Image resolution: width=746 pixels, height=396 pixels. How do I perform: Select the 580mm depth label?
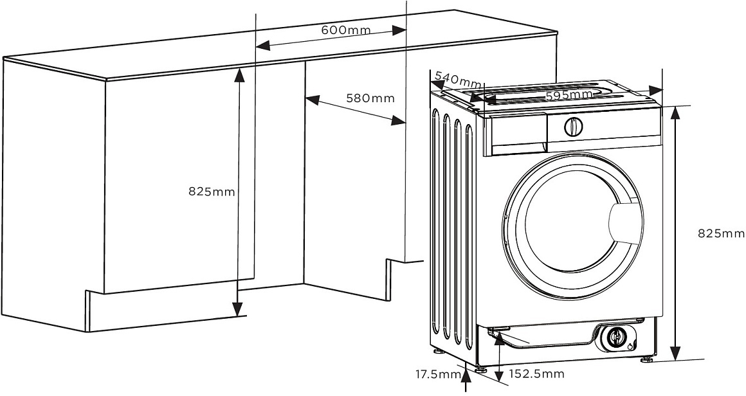pyautogui.click(x=370, y=98)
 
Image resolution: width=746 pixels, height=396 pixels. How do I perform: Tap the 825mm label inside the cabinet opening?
pyautogui.click(x=212, y=191)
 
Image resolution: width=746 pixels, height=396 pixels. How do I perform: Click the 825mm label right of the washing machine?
pyautogui.click(x=721, y=233)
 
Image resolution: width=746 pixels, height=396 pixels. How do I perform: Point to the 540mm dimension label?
pyautogui.click(x=458, y=80)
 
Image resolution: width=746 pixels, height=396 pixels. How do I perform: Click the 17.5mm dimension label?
pyautogui.click(x=437, y=374)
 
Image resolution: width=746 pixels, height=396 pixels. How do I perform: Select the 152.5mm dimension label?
pyautogui.click(x=536, y=374)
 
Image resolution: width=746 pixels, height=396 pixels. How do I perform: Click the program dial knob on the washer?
pyautogui.click(x=573, y=126)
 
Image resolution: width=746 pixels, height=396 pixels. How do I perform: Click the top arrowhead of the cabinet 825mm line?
pyautogui.click(x=239, y=73)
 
